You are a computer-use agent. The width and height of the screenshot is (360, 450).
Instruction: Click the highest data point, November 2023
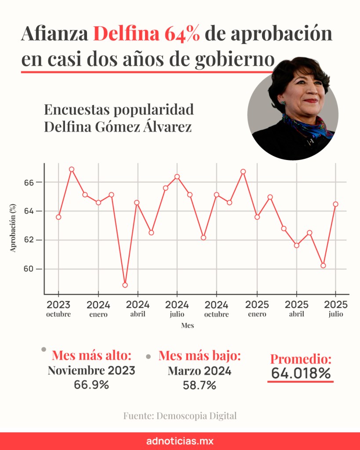72,169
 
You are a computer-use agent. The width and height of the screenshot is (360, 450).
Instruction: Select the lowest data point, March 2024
125,285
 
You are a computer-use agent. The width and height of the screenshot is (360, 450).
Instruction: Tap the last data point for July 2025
336,204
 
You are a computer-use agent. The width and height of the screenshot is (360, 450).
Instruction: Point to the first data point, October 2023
58,217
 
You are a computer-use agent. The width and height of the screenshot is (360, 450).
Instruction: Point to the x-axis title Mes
188,326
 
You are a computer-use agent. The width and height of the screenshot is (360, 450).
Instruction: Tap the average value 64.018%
301,374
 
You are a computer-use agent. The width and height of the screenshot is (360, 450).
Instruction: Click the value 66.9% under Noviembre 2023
91,385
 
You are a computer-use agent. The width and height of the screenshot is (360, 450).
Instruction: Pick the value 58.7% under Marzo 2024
200,385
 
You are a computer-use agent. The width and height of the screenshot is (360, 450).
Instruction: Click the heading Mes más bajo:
200,356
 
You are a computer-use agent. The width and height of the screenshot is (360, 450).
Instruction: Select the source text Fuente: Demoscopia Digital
180,416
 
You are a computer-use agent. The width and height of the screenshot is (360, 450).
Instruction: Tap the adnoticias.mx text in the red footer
180,441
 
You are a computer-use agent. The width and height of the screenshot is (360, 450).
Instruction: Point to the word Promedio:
301,359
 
